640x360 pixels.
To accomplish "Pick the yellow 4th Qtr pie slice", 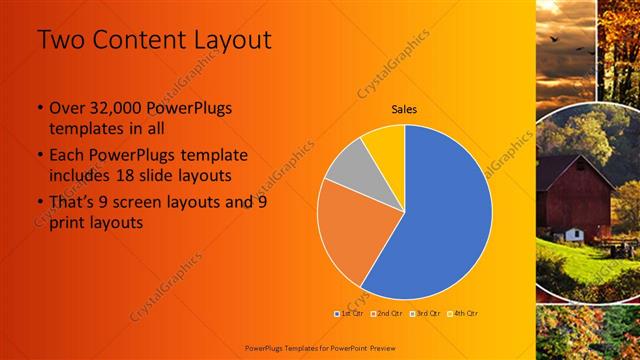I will [386, 144].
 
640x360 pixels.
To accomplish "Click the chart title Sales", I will [404, 109].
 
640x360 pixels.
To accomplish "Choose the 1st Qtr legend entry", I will [348, 313].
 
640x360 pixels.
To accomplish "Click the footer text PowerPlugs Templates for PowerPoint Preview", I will [319, 347].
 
